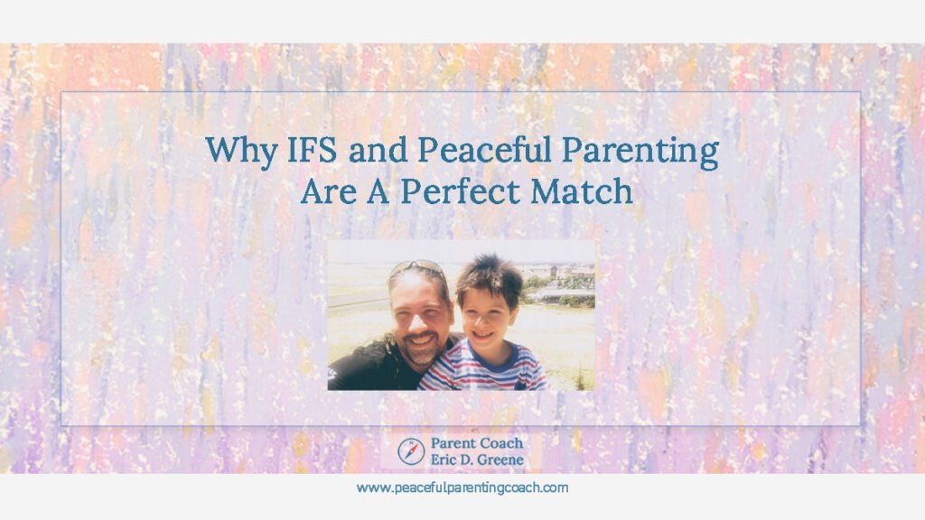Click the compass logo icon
[x=409, y=450]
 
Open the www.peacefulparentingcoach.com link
[x=462, y=487]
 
